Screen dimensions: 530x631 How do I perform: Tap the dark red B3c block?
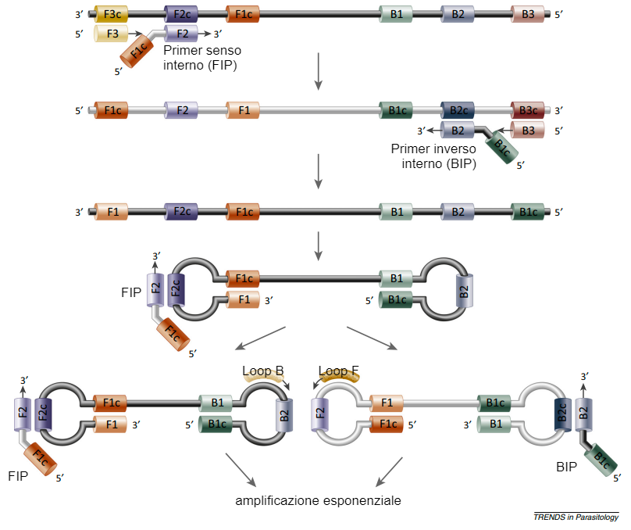pyautogui.click(x=528, y=110)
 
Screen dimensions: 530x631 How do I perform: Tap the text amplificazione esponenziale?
pyautogui.click(x=318, y=500)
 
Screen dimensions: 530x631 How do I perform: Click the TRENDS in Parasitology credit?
pyautogui.click(x=576, y=517)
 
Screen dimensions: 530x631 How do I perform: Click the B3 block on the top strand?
pyautogui.click(x=528, y=14)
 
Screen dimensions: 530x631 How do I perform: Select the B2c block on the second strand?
pyautogui.click(x=458, y=110)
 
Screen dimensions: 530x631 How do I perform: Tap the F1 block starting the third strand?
pyautogui.click(x=110, y=211)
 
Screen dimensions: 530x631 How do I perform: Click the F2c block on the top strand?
pyautogui.click(x=181, y=14)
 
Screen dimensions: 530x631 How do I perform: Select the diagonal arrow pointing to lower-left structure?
pyautogui.click(x=262, y=338)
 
